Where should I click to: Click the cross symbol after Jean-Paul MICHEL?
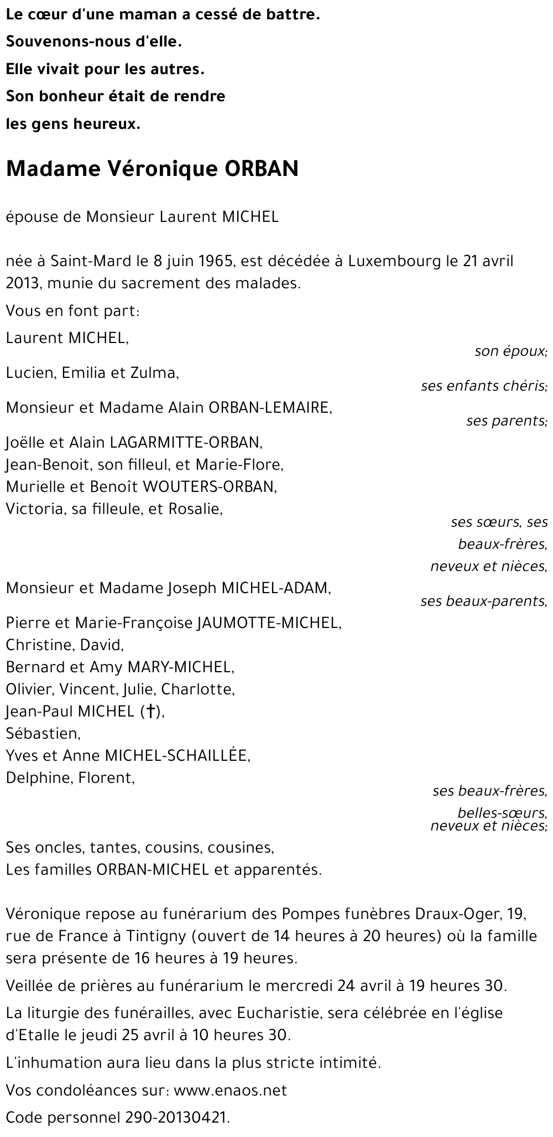click(148, 712)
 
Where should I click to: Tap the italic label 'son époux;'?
click(510, 351)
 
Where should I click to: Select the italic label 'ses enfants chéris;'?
click(484, 386)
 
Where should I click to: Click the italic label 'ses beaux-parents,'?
click(483, 601)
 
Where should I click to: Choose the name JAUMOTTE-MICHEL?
click(269, 623)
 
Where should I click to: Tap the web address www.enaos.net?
click(231, 1091)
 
